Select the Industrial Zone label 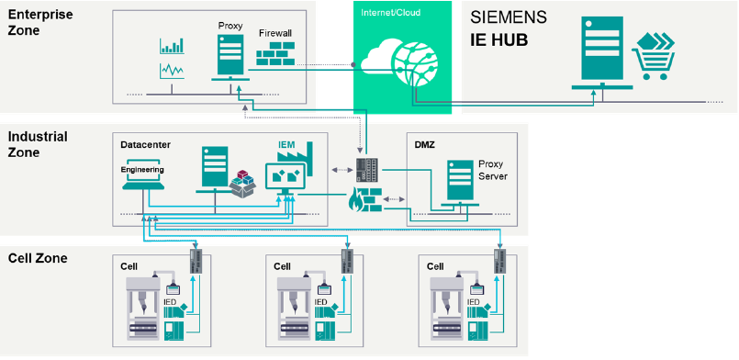click(38, 144)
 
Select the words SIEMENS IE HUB click(509, 29)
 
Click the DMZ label click(425, 145)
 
